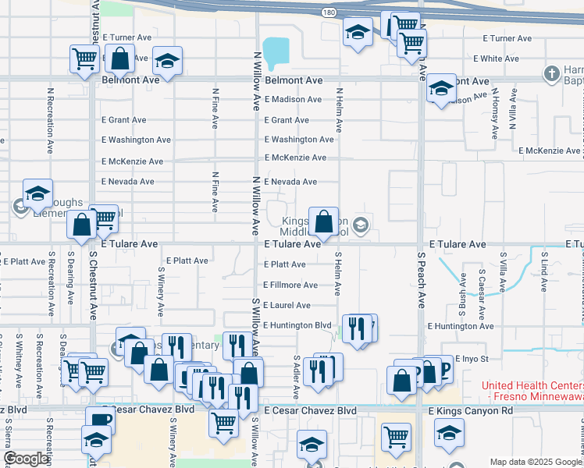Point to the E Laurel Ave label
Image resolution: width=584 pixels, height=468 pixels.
[x=287, y=305]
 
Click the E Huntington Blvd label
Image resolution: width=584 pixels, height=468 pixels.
[x=297, y=325]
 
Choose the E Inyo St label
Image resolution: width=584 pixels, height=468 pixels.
[x=474, y=359]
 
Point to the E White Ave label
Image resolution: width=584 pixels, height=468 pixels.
[x=496, y=58]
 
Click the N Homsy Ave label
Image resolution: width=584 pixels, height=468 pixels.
[x=494, y=114]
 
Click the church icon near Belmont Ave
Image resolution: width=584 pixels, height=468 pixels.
[x=551, y=74]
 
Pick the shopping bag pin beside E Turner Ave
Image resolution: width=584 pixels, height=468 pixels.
[x=119, y=58]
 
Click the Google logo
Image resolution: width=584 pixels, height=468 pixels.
[x=27, y=459]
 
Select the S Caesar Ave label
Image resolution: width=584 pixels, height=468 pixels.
[x=482, y=292]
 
